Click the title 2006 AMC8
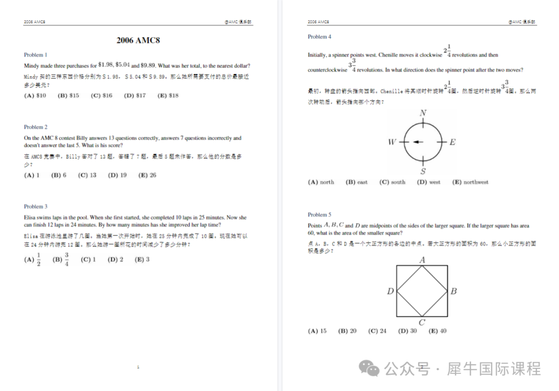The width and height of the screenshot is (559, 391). tap(138, 40)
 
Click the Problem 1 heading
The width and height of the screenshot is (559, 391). tap(36, 55)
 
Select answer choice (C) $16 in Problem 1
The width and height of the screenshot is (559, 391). tap(101, 96)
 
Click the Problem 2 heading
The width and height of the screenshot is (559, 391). tap(36, 127)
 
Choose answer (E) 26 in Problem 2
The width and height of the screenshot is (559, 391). tap(147, 175)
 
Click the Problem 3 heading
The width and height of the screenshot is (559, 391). tap(36, 207)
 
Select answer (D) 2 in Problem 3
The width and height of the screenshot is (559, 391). tap(115, 260)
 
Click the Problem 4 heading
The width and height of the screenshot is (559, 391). tap(319, 37)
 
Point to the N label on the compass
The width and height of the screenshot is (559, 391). tap(423, 114)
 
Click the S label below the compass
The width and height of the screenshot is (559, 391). tap(423, 172)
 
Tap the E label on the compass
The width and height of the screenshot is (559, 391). tap(452, 142)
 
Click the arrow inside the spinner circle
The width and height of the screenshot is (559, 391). tap(417, 142)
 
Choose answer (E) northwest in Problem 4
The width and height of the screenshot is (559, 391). tap(470, 182)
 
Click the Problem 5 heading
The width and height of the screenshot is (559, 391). tap(319, 215)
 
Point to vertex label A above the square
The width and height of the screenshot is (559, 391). tap(422, 260)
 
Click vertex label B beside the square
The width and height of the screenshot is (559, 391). tap(453, 291)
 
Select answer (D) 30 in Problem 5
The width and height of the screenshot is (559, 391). tap(407, 331)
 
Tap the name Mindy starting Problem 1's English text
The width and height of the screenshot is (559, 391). tap(32, 66)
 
